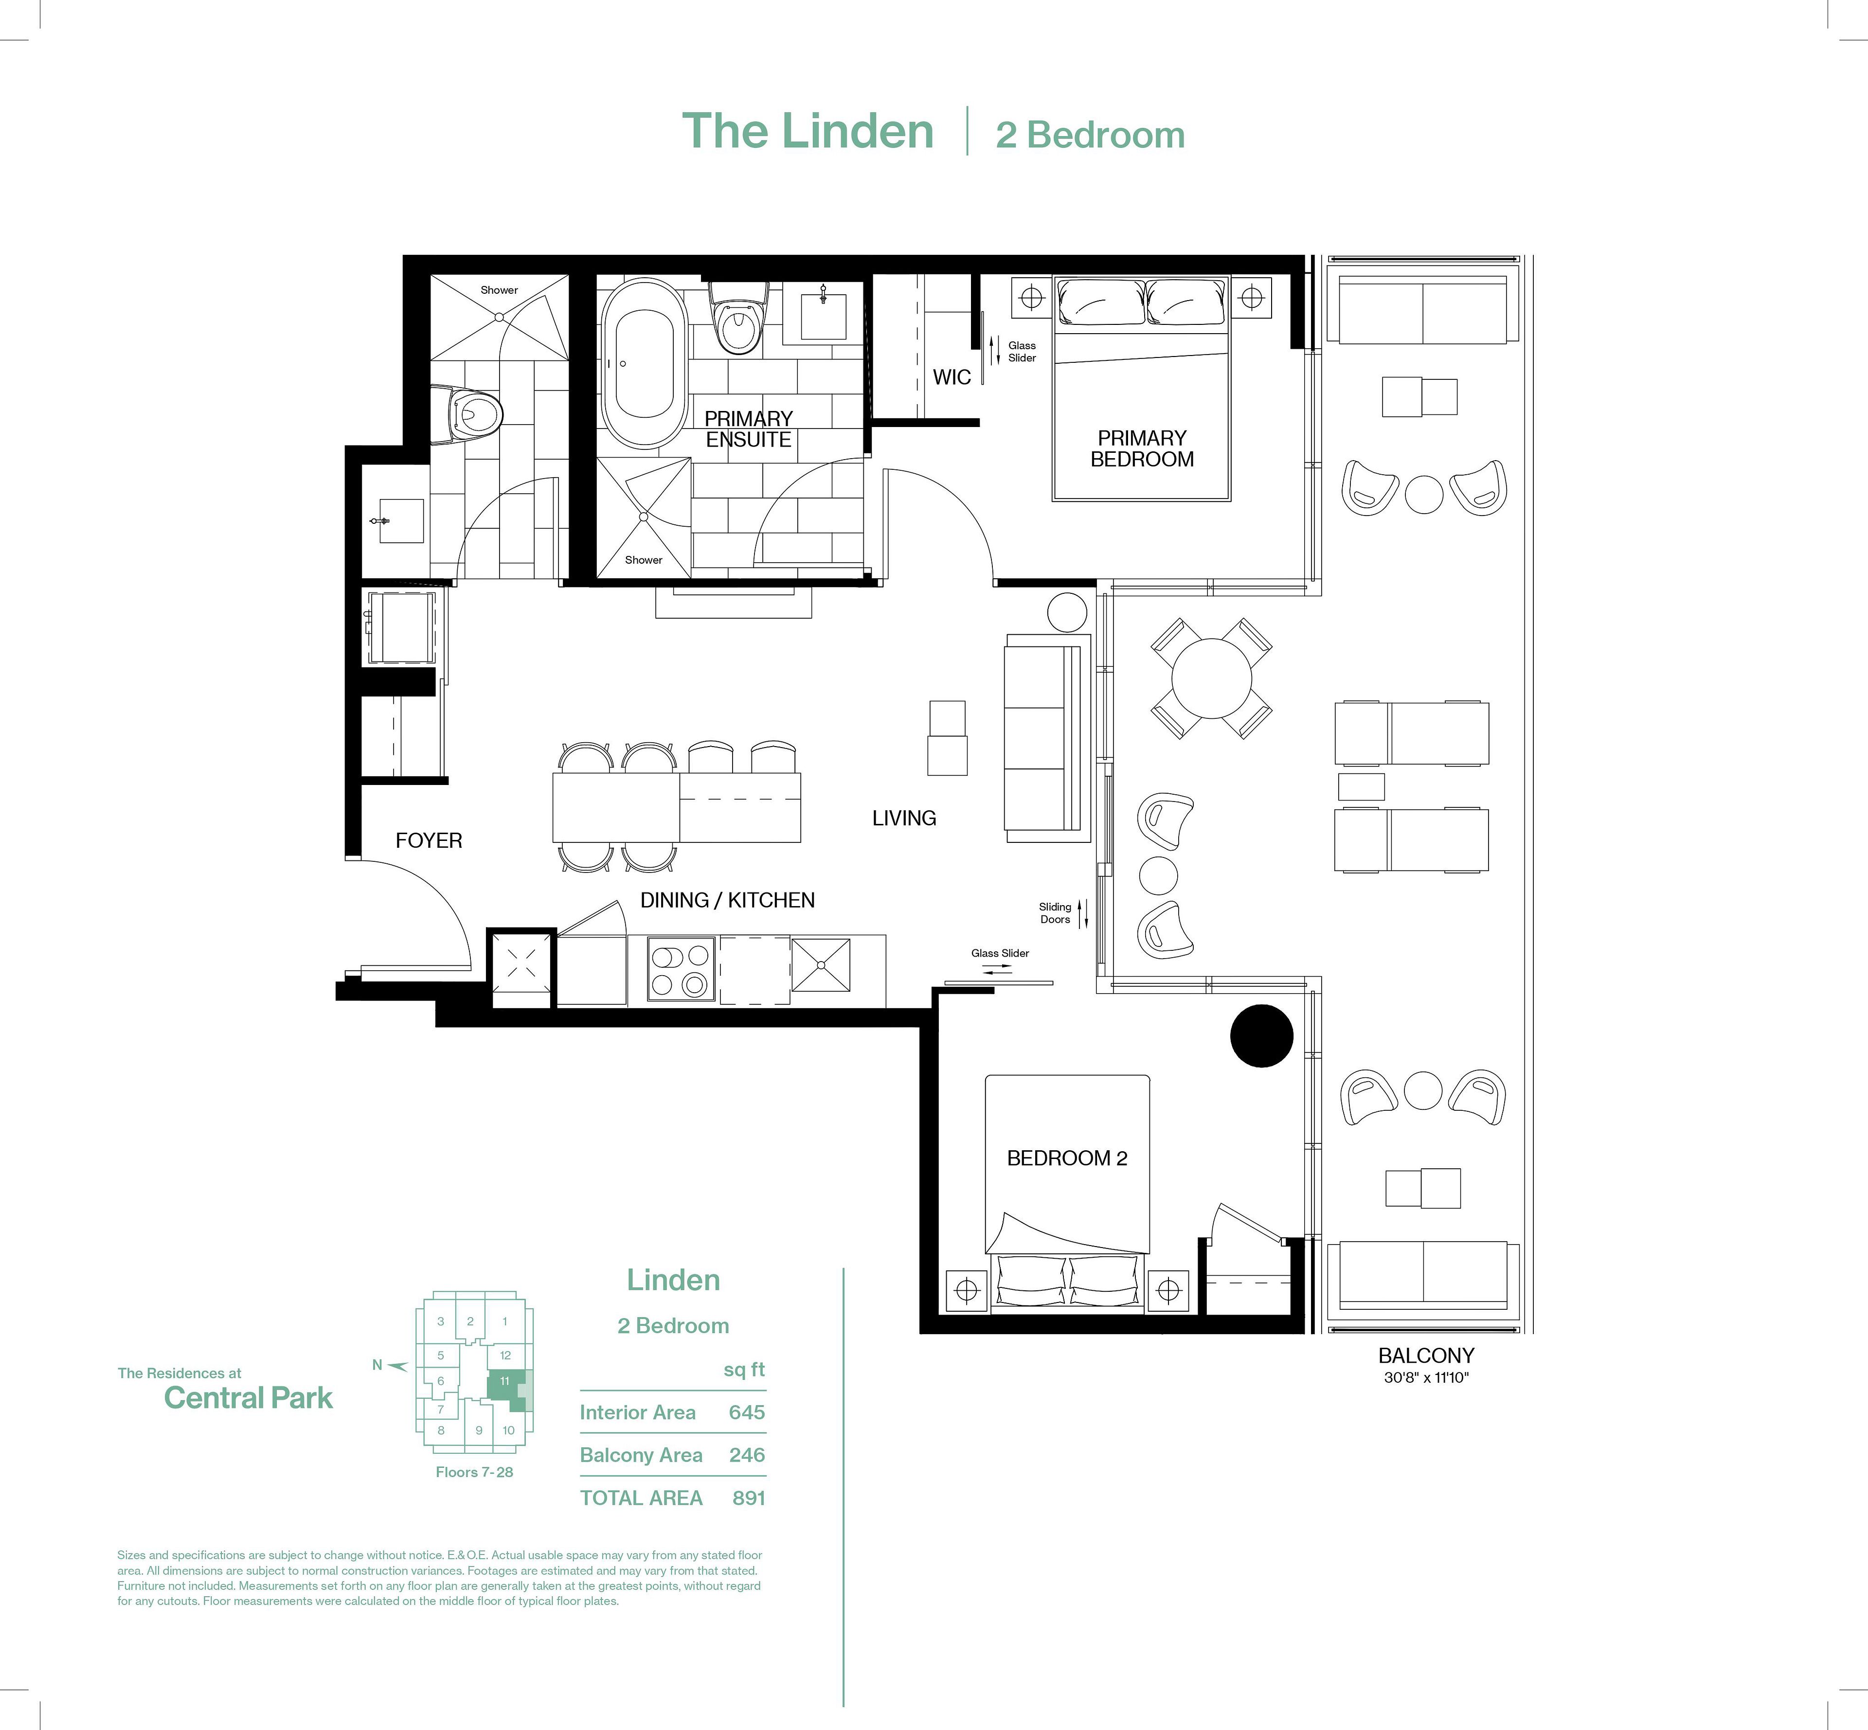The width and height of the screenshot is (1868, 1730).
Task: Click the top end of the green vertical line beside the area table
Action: tap(844, 1268)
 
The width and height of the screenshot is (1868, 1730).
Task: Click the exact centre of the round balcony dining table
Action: tap(1212, 678)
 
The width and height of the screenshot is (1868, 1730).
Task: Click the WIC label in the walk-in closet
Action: tap(952, 377)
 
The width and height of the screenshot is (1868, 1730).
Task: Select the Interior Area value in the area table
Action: tap(746, 1412)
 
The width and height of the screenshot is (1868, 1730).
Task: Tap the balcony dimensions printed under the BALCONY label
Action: tap(1426, 1378)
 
